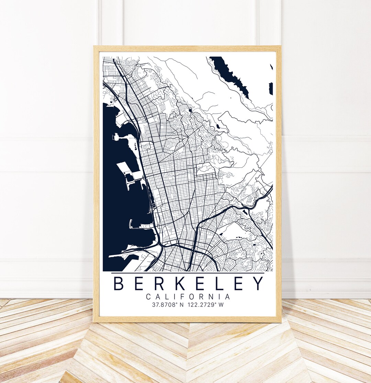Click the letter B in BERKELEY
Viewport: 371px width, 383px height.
119,283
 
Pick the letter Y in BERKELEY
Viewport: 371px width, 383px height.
258,283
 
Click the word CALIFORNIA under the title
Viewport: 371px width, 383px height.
188,297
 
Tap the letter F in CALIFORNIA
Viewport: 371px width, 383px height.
184,297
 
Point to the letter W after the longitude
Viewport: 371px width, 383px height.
221,304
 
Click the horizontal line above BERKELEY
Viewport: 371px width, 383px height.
188,273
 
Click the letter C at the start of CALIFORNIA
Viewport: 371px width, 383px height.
148,297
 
